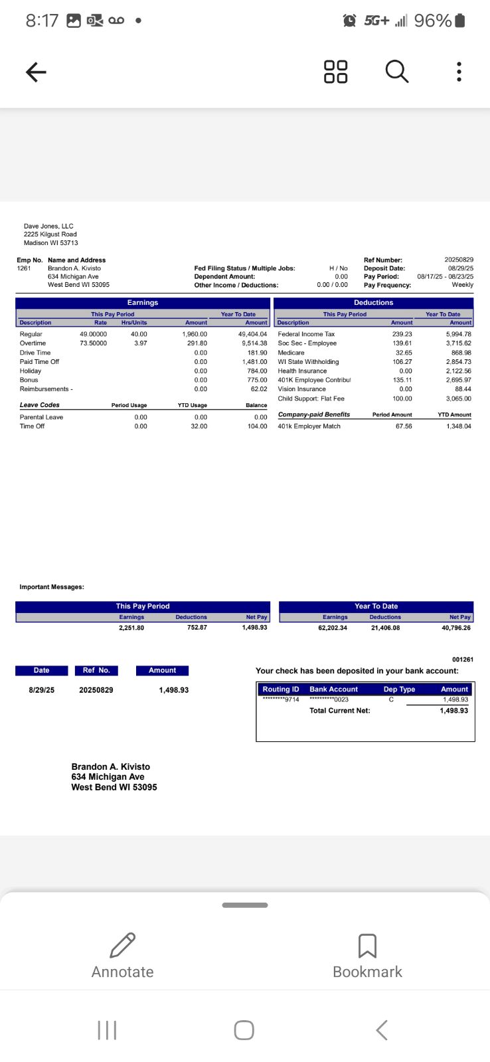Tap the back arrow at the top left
coord(36,72)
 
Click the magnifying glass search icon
coord(396,71)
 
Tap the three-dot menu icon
coord(459,72)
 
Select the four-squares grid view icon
coord(335,72)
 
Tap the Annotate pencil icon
coord(122,945)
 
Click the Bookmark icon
coord(367,946)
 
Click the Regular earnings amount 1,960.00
coord(195,334)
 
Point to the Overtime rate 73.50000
coord(93,343)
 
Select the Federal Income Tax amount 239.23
coord(402,334)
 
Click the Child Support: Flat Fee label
coord(311,398)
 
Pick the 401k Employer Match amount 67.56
coord(404,426)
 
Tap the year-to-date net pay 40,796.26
coord(456,628)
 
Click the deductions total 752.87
coord(197,628)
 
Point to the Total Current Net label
coord(339,711)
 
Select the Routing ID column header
coord(281,689)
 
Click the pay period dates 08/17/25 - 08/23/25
coord(445,276)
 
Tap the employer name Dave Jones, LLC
coord(48,226)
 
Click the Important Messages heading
coord(52,587)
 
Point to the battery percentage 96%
coord(432,21)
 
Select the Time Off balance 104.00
coord(257,426)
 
